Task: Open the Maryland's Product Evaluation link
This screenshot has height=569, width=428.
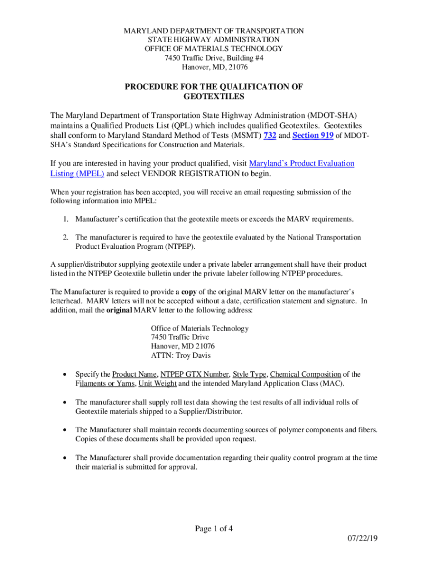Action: point(302,163)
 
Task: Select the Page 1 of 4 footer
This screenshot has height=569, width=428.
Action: point(213,528)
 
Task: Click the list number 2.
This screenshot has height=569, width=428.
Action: point(66,237)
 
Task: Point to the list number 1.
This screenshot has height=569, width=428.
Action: point(66,219)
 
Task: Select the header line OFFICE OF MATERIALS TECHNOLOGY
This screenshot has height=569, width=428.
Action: point(213,49)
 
